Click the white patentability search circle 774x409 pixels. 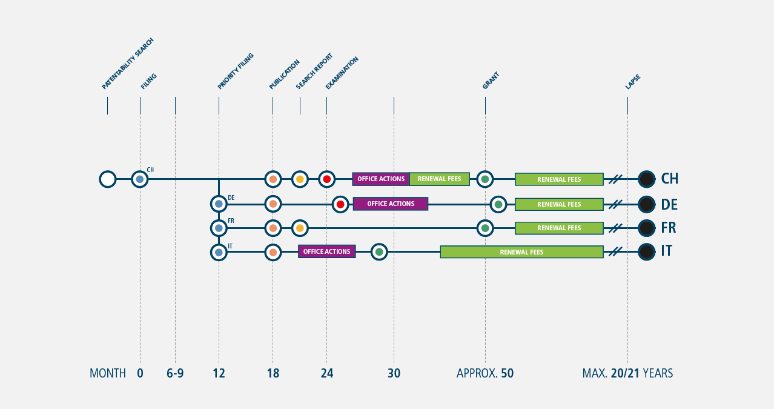[107, 179]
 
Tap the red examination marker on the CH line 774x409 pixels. [327, 179]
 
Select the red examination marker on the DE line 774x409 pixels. [340, 204]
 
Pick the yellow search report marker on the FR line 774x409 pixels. [300, 228]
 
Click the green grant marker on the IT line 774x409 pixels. [379, 252]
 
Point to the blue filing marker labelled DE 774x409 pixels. [219, 204]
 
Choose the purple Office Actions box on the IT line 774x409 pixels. [327, 251]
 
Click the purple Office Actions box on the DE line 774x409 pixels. [391, 204]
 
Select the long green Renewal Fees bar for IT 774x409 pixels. [522, 252]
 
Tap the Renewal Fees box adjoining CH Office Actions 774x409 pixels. [440, 179]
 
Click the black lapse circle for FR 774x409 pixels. [646, 228]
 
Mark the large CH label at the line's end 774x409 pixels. [670, 179]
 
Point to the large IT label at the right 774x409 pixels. [667, 251]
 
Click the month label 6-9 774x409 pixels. [175, 373]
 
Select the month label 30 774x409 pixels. [394, 373]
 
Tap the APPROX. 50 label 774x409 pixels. [485, 373]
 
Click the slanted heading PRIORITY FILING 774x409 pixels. [236, 71]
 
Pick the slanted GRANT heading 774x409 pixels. [491, 81]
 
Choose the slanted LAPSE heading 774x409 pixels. [633, 82]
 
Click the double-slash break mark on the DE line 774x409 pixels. [615, 204]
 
